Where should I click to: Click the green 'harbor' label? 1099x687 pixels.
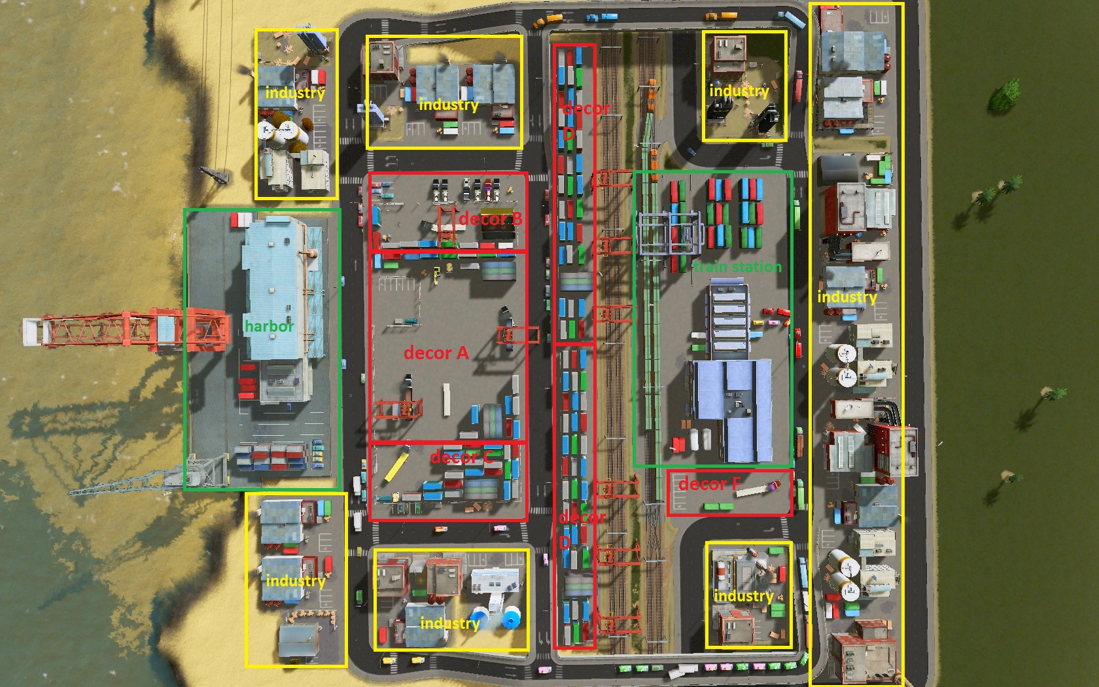[x=269, y=326]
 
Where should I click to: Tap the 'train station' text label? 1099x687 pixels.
[x=737, y=267]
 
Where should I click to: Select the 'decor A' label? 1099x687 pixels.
[x=436, y=353]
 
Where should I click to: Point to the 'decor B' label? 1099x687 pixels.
[x=490, y=219]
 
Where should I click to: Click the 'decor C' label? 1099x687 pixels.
[x=462, y=457]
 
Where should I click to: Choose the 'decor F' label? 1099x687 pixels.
[x=709, y=484]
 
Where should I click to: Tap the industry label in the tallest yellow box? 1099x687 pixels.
[x=846, y=297]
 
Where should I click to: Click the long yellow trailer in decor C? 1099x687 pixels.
[x=396, y=465]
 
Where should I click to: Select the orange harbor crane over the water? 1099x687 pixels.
[x=124, y=328]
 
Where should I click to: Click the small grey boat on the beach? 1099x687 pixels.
[x=214, y=173]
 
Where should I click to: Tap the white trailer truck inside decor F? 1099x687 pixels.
[x=756, y=489]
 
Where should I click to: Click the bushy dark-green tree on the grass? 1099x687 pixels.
[x=1003, y=96]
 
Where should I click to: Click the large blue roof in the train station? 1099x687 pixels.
[x=733, y=406]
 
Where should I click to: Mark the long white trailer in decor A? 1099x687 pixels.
[x=447, y=399]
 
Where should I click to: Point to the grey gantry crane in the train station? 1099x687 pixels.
[x=667, y=232]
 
